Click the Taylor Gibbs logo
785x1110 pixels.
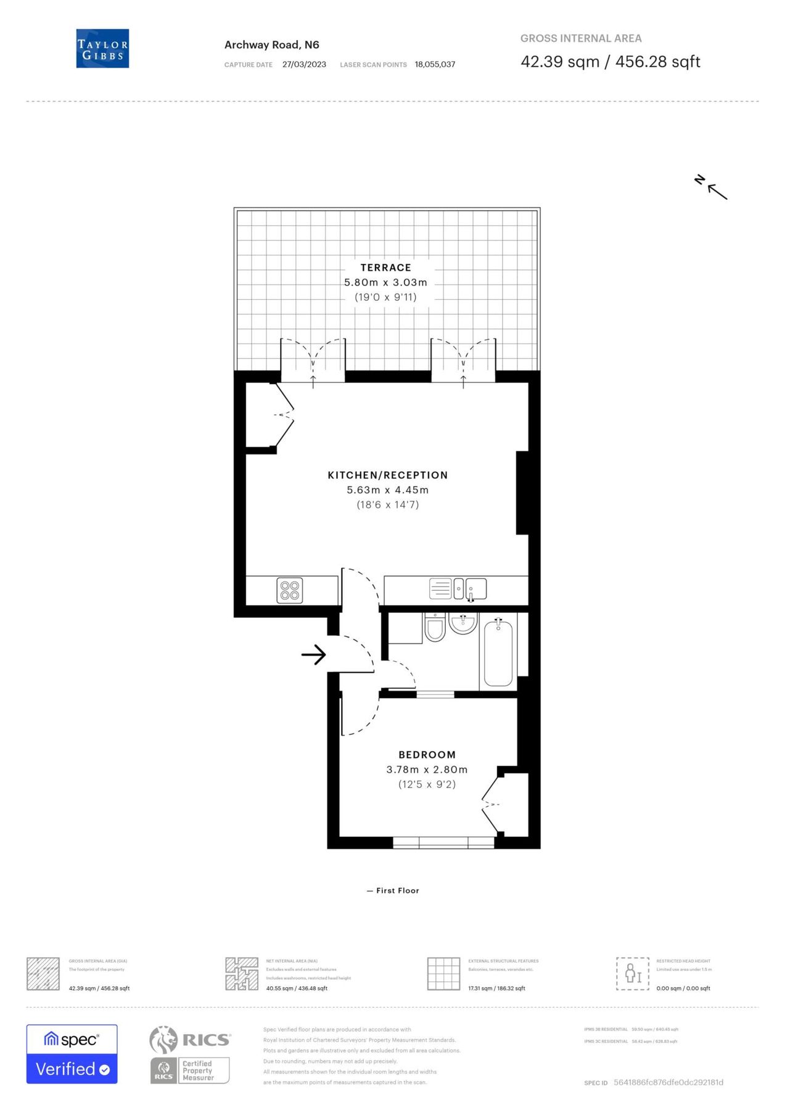pyautogui.click(x=102, y=49)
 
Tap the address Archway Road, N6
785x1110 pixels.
pyautogui.click(x=271, y=45)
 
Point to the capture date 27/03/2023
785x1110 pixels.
pyautogui.click(x=304, y=64)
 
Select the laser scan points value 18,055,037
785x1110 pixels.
pyautogui.click(x=435, y=64)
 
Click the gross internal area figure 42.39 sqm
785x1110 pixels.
pyautogui.click(x=560, y=62)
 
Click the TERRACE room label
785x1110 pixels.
pyautogui.click(x=385, y=268)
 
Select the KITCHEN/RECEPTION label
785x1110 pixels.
pyautogui.click(x=387, y=475)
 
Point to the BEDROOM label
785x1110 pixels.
pyautogui.click(x=427, y=755)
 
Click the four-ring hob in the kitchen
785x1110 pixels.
pyautogui.click(x=290, y=590)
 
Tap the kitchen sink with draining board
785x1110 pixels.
pyautogui.click(x=458, y=589)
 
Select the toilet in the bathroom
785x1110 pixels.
pyautogui.click(x=435, y=627)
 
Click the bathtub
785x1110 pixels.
pyautogui.click(x=498, y=654)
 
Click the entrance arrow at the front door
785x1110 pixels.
pyautogui.click(x=313, y=654)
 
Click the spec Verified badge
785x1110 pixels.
pyautogui.click(x=72, y=1054)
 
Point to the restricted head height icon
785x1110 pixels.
pyautogui.click(x=632, y=974)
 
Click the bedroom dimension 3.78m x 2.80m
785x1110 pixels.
pyautogui.click(x=427, y=770)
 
